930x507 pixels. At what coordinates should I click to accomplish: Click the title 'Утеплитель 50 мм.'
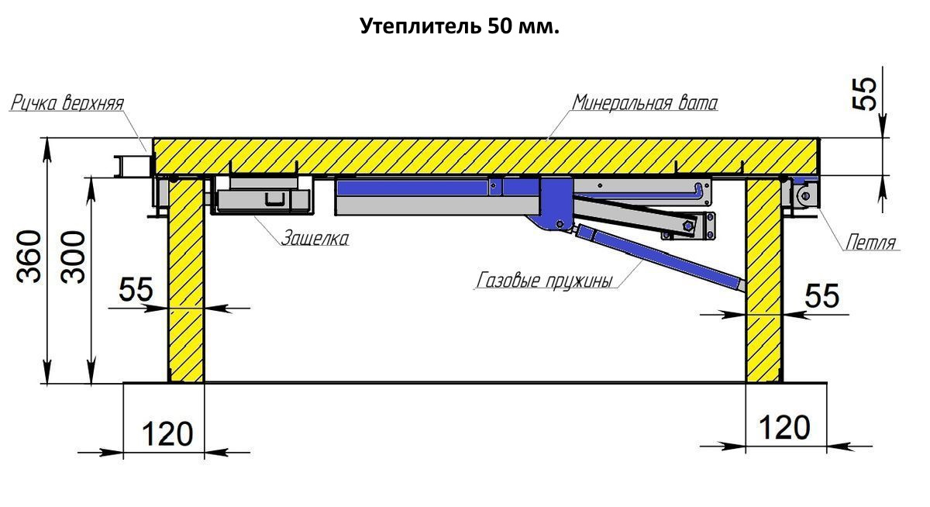460,26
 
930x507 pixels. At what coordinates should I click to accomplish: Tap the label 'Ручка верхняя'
67,103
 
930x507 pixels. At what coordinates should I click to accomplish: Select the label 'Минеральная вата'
645,102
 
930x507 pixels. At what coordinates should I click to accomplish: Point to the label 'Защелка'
315,238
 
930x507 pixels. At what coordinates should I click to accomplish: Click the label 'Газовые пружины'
544,281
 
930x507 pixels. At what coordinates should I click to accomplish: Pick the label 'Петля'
870,242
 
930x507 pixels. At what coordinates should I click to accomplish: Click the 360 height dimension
29,257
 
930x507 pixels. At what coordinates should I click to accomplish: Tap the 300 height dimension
73,257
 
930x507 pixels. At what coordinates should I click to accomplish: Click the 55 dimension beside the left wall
136,289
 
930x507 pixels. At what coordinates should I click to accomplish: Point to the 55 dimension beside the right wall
822,295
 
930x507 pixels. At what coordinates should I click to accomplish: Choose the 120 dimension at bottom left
167,434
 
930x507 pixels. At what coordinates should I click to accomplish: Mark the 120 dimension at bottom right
784,427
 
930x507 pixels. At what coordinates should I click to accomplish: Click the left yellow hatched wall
185,281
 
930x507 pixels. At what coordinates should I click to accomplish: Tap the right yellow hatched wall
764,281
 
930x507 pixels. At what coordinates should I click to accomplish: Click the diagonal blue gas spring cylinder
660,257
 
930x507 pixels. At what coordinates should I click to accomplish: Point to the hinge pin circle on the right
805,196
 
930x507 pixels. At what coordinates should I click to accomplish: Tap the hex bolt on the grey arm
687,226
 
